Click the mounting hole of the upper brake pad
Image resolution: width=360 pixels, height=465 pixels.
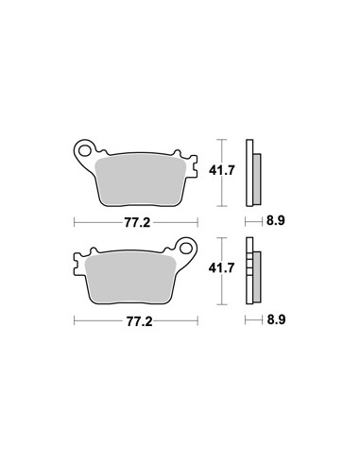tap(85, 150)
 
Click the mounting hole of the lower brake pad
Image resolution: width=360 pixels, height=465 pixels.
tap(187, 248)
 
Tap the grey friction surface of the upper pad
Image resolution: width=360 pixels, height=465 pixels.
tap(141, 181)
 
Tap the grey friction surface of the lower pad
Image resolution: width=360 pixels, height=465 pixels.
tap(130, 279)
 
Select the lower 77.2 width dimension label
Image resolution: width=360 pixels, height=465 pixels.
tap(139, 321)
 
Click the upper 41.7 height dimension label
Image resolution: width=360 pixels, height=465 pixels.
tap(222, 170)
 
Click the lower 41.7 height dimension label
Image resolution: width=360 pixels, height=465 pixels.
tap(222, 268)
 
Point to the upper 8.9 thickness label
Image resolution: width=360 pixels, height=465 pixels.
tap(276, 220)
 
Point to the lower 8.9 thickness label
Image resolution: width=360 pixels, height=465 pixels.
tap(276, 319)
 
